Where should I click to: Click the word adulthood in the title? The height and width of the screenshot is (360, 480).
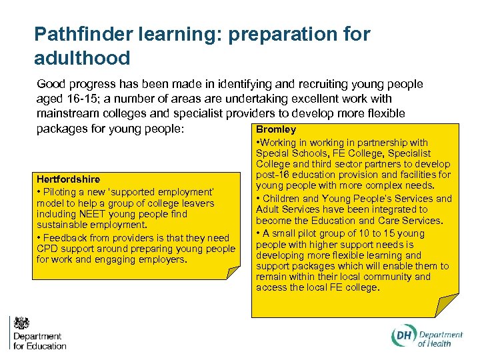[82, 58]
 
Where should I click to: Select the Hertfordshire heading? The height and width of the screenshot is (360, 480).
[68, 179]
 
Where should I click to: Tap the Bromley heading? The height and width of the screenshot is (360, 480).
[276, 129]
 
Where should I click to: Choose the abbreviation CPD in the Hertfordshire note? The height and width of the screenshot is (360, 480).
[48, 249]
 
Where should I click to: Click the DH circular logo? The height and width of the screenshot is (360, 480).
[403, 338]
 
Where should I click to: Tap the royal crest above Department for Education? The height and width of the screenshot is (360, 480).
[22, 323]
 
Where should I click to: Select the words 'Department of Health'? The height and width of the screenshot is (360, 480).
[440, 339]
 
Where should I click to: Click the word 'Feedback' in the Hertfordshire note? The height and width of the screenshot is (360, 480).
[65, 238]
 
